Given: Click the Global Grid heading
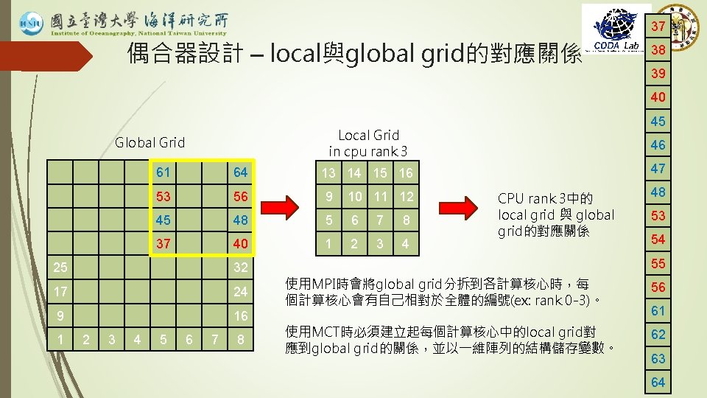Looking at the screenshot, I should (150, 142).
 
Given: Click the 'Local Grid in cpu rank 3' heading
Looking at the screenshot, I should (367, 143).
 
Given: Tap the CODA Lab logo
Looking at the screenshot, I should (616, 29).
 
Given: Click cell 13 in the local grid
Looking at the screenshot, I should (328, 173).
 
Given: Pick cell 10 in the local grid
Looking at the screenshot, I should (355, 197).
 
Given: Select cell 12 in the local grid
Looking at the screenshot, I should (405, 197).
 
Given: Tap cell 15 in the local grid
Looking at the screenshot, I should (379, 173).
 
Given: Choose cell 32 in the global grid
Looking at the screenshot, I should (239, 267).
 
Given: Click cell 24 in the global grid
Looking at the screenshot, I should (239, 291).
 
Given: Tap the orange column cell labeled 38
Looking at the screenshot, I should (658, 50).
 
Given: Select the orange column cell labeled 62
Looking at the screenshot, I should (658, 334).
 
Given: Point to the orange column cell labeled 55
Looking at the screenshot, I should (658, 263).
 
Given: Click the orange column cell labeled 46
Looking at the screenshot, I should (658, 145).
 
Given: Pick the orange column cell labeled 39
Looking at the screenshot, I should (658, 74).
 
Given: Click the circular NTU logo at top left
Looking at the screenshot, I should (32, 23).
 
